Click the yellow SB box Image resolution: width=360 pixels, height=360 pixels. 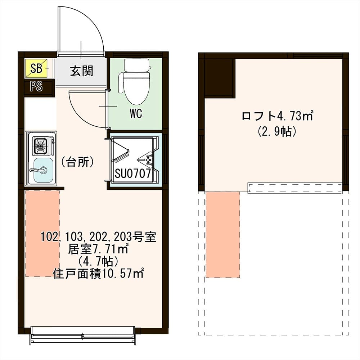pyautogui.click(x=36, y=68)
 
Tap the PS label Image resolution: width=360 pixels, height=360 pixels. pyautogui.click(x=36, y=87)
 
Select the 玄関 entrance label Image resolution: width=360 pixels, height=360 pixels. pyautogui.click(x=81, y=71)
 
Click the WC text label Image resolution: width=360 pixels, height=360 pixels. pyautogui.click(x=136, y=114)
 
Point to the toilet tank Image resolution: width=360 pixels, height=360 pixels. pyautogui.click(x=136, y=65)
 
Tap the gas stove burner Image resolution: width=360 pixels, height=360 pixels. pyautogui.click(x=41, y=145)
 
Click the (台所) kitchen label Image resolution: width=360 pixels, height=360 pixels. pyautogui.click(x=77, y=162)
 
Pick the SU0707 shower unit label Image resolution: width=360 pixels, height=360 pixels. pyautogui.click(x=132, y=174)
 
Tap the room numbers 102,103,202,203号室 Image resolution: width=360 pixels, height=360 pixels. pyautogui.click(x=98, y=237)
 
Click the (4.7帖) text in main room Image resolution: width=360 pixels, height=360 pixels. pyautogui.click(x=98, y=261)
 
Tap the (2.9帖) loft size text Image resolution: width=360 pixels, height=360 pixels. pyautogui.click(x=276, y=131)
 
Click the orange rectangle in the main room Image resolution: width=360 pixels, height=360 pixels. pyautogui.click(x=42, y=233)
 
